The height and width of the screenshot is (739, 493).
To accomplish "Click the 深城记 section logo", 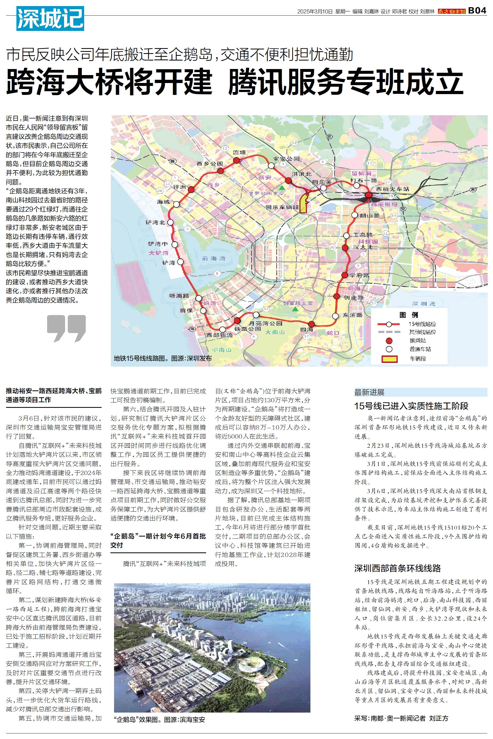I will pyautogui.click(x=50, y=19).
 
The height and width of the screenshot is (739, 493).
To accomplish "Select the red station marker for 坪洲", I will pyautogui.click(x=191, y=189).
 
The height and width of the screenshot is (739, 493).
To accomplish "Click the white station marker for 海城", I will pyautogui.click(x=177, y=205).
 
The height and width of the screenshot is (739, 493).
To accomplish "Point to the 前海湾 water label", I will pyautogui.click(x=214, y=258).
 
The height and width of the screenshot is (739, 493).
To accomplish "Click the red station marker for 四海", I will pyautogui.click(x=311, y=324).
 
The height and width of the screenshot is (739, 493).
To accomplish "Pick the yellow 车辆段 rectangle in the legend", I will pyautogui.click(x=390, y=359).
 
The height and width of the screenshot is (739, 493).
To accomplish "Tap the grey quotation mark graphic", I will pyautogui.click(x=66, y=328).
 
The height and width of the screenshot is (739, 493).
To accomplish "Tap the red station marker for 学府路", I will pyautogui.click(x=345, y=275).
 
